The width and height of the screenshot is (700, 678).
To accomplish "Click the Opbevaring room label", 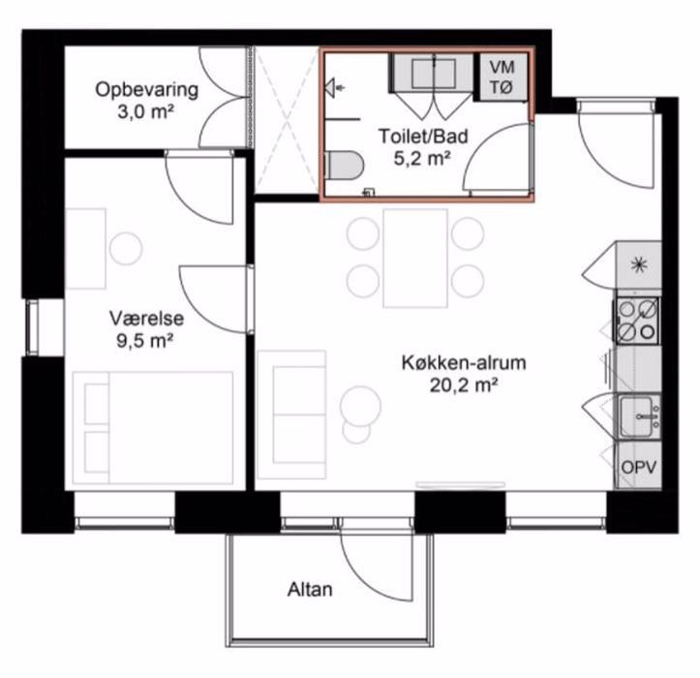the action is [x=146, y=90].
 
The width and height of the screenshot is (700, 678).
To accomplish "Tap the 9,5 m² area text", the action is [x=144, y=341].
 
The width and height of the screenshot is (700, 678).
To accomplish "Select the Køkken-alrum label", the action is [x=464, y=362].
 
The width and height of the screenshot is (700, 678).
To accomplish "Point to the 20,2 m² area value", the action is [x=464, y=385].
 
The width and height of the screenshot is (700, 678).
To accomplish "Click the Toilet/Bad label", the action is [x=423, y=137].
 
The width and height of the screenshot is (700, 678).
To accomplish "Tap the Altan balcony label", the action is [x=310, y=590].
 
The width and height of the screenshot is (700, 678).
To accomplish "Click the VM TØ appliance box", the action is [x=502, y=77].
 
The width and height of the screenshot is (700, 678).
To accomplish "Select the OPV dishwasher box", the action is [x=639, y=466].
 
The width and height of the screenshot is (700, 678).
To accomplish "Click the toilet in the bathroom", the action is [x=345, y=166].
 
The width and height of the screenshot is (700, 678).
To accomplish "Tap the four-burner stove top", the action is [x=637, y=321].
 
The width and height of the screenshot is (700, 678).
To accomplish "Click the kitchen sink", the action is [x=639, y=417].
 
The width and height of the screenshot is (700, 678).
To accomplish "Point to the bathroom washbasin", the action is [x=433, y=73].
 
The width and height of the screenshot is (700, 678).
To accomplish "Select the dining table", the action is [x=415, y=259].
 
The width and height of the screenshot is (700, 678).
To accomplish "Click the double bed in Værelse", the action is [x=153, y=428].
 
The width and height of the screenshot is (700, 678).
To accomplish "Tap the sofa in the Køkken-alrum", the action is [x=292, y=415].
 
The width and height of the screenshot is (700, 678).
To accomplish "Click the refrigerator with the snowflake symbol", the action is [x=639, y=265].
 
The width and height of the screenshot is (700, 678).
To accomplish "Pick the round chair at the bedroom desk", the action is [x=126, y=249].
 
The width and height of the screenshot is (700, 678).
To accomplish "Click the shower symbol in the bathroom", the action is [x=333, y=87].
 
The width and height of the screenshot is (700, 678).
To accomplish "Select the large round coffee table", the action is [x=361, y=406].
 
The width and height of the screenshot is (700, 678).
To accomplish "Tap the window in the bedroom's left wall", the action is [x=33, y=327].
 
